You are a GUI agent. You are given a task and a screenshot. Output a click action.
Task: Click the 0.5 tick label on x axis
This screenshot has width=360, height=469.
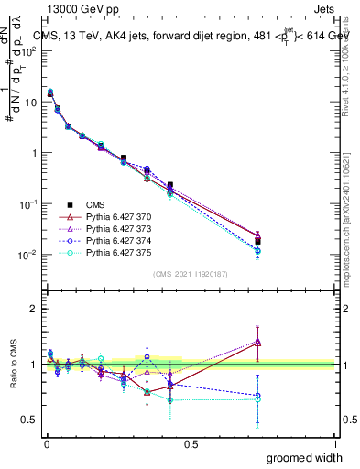(191, 443)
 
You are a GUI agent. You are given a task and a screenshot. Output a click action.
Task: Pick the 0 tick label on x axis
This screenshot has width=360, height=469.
(46, 443)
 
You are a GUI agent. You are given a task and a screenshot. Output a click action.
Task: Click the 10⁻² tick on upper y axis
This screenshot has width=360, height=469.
(28, 255)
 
